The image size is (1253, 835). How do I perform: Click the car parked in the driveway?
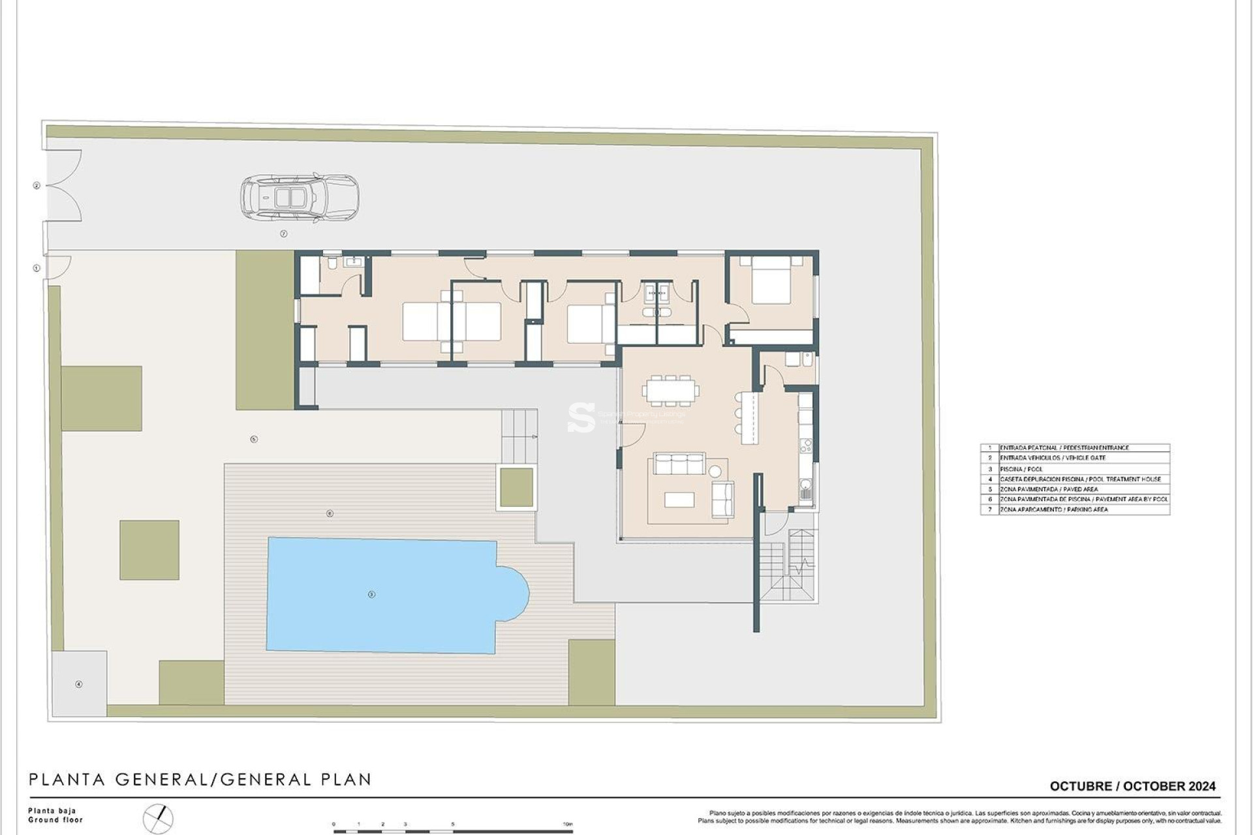(300, 196)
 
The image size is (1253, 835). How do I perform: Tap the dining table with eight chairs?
(670, 391)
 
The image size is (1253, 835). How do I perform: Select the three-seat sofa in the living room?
(679, 464)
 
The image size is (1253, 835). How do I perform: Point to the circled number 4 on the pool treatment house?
(79, 684)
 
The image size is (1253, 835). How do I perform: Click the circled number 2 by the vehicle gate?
(37, 186)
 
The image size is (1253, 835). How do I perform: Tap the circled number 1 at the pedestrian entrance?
(37, 268)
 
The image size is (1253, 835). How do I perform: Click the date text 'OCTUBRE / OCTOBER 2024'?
(1132, 786)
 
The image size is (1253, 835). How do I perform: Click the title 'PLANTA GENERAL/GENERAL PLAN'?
(200, 780)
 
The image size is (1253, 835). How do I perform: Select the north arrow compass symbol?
(159, 819)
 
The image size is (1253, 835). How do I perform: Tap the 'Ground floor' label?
(55, 820)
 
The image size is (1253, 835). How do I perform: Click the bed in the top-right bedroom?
(771, 281)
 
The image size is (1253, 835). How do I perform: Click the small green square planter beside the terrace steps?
(516, 487)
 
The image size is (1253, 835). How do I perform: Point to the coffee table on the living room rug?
(679, 500)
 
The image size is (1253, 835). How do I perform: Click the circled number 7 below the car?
(284, 234)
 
